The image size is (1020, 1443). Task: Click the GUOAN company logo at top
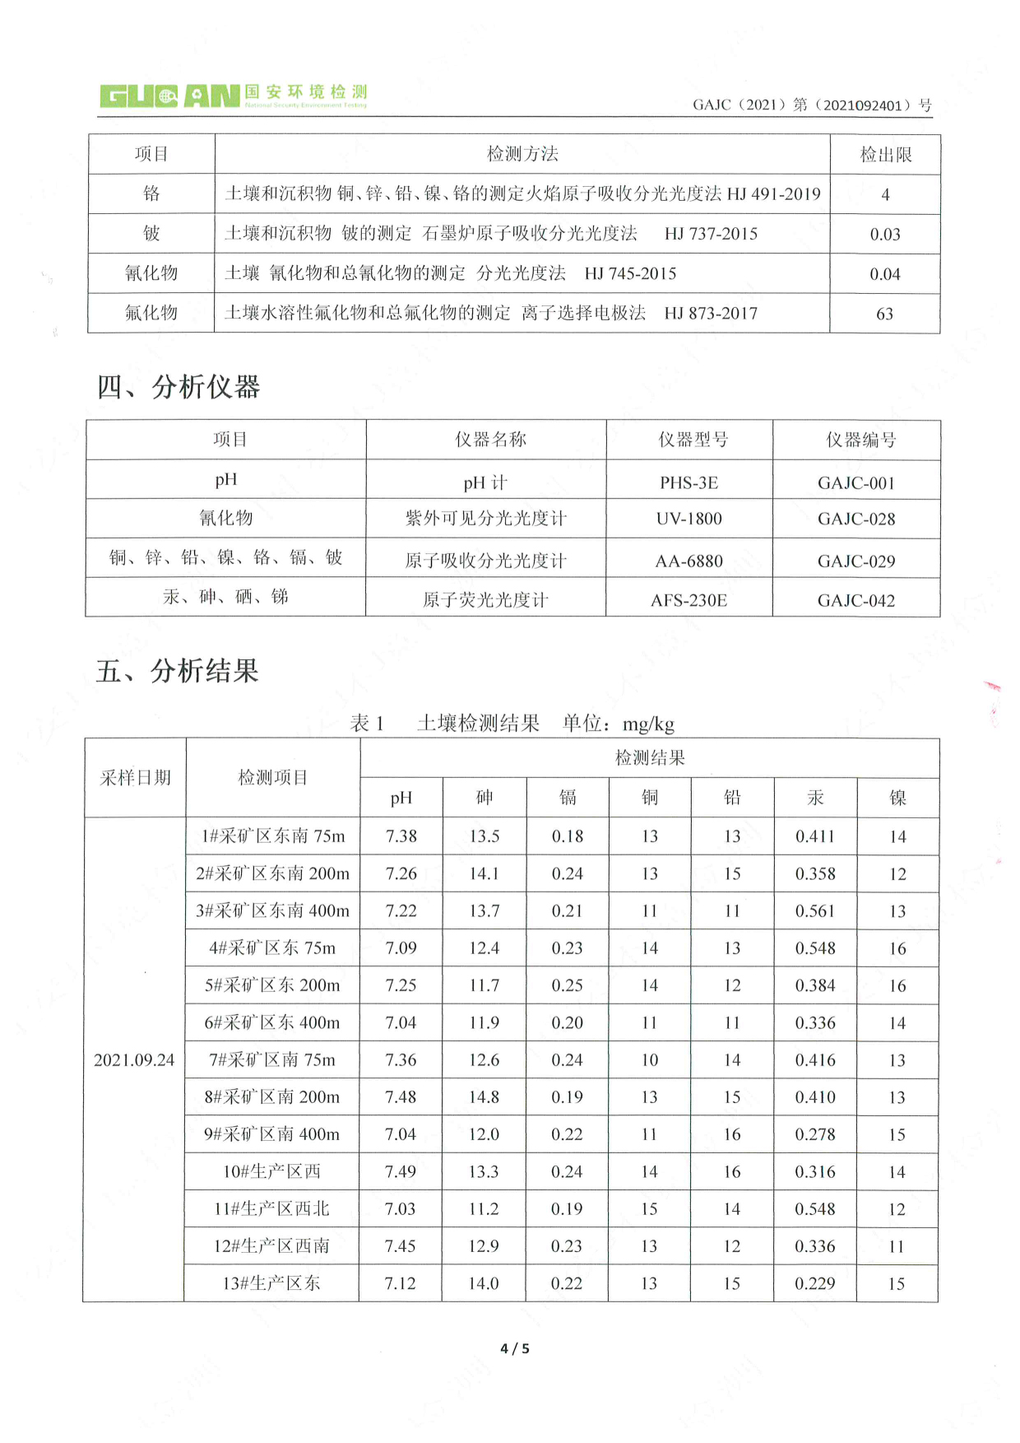click(x=233, y=96)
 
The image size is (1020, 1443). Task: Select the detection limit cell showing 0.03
click(x=884, y=235)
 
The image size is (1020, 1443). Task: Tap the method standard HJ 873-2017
click(x=711, y=314)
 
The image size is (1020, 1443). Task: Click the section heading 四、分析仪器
click(x=178, y=387)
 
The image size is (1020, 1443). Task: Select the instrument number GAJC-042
click(x=855, y=601)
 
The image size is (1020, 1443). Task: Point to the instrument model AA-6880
click(x=688, y=561)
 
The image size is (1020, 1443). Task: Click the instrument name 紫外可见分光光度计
click(x=485, y=519)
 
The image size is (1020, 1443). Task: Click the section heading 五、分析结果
click(x=177, y=672)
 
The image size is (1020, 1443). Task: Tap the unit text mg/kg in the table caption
click(x=648, y=724)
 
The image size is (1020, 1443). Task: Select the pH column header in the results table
click(x=401, y=798)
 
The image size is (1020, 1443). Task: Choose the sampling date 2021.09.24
click(x=134, y=1060)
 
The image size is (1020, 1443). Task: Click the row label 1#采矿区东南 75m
click(x=273, y=836)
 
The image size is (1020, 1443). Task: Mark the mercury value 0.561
click(x=814, y=911)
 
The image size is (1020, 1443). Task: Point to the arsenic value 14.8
click(x=484, y=1097)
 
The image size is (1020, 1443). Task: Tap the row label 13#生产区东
click(x=271, y=1283)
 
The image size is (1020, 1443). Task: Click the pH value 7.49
click(x=401, y=1171)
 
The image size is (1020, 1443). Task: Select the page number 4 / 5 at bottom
click(x=515, y=1348)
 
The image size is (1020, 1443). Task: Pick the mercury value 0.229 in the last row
click(x=814, y=1283)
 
